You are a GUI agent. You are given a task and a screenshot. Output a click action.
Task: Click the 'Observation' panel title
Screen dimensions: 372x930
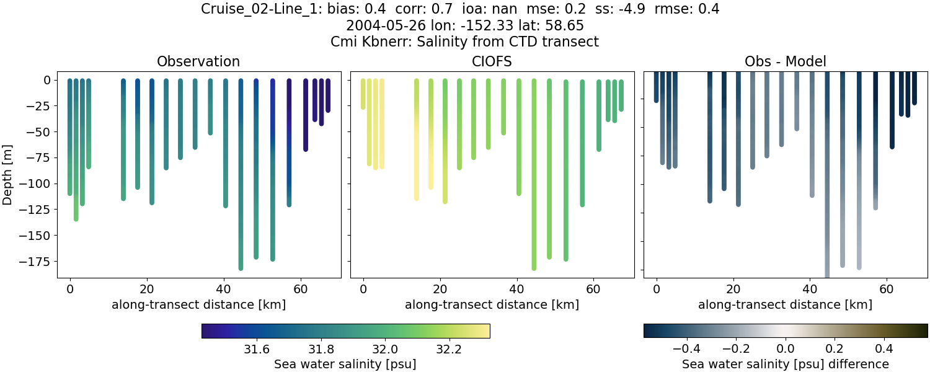pos(198,61)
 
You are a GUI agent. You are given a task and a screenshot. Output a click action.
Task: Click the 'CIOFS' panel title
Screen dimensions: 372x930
pos(492,61)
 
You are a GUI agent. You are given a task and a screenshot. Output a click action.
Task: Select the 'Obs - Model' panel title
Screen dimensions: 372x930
pos(785,61)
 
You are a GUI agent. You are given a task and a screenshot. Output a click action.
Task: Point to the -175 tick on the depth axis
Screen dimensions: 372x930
pos(39,261)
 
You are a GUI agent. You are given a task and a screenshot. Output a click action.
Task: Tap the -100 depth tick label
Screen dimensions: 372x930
pos(39,184)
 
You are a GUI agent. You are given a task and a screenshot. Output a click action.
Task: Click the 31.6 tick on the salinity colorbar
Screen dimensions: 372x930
pos(256,349)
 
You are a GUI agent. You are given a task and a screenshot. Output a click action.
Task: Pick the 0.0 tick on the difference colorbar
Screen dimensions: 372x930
pos(786,349)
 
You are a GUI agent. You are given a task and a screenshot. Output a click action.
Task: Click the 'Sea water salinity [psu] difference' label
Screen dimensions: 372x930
pos(785,364)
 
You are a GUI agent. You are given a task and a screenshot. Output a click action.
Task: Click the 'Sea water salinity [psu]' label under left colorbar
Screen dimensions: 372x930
pos(345,364)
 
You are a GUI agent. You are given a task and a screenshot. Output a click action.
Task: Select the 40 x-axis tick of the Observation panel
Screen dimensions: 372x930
pos(223,289)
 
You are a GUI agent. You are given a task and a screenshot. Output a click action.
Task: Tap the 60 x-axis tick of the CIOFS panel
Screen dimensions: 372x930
pos(593,289)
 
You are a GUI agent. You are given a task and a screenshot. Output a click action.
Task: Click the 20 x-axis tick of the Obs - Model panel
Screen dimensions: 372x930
pos(733,289)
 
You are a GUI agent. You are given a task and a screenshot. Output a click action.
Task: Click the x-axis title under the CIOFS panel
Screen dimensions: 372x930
pos(492,304)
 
